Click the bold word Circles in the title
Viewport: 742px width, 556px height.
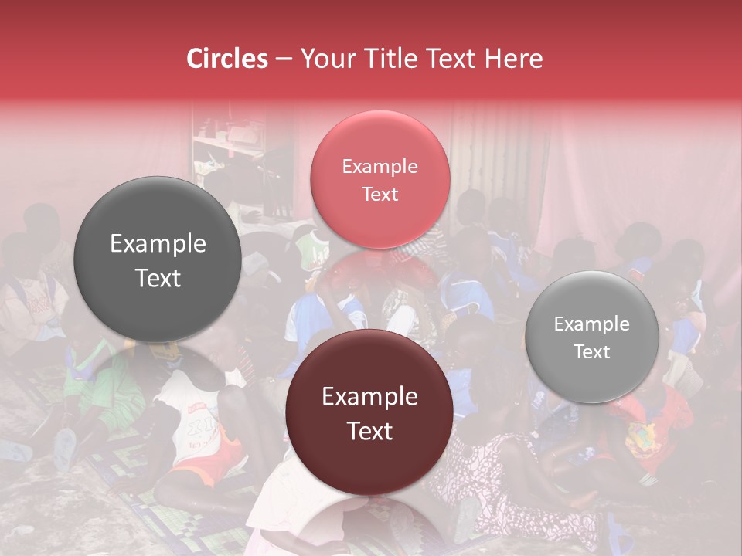226,59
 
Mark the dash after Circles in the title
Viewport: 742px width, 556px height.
284,59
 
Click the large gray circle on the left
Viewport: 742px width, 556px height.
158,260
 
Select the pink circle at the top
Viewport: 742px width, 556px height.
380,179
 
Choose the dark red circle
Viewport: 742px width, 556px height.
369,413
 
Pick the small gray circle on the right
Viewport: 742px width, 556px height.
591,337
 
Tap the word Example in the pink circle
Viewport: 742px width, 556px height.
380,166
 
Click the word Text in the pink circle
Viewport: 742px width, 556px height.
380,194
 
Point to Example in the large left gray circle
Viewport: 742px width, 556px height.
158,244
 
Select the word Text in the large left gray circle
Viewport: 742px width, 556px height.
158,278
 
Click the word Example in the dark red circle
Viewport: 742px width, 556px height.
369,397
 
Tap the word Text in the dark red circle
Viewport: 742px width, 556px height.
369,431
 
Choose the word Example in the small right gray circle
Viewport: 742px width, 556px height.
591,324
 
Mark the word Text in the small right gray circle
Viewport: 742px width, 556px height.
591,351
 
